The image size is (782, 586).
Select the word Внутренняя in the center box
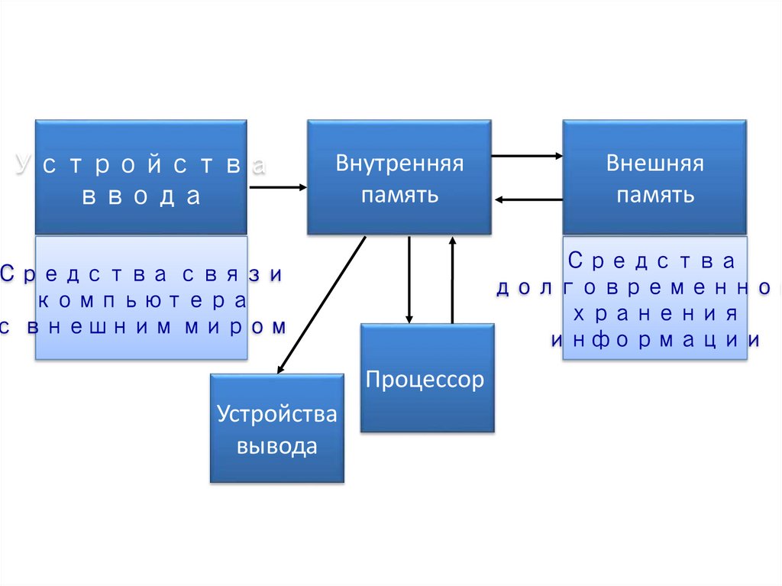pyautogui.click(x=399, y=163)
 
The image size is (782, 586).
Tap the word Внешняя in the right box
pyautogui.click(x=654, y=163)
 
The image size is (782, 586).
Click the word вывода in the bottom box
pyautogui.click(x=276, y=446)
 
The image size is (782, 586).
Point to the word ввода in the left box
pyautogui.click(x=141, y=196)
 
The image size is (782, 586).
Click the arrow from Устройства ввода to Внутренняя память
pyautogui.click(x=277, y=186)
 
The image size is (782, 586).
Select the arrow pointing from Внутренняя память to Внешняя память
pyautogui.click(x=527, y=156)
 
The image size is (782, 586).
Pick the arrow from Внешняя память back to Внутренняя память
pyautogui.click(x=528, y=199)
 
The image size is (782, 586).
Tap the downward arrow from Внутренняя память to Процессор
pyautogui.click(x=409, y=280)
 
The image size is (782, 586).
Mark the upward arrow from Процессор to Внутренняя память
pyautogui.click(x=452, y=280)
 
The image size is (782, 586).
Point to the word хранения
pyautogui.click(x=654, y=315)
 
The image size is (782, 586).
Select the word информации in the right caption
pyautogui.click(x=654, y=341)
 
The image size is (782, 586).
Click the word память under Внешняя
pyautogui.click(x=654, y=195)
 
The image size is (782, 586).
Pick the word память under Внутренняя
pyautogui.click(x=399, y=195)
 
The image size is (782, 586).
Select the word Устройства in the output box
pyautogui.click(x=276, y=414)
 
